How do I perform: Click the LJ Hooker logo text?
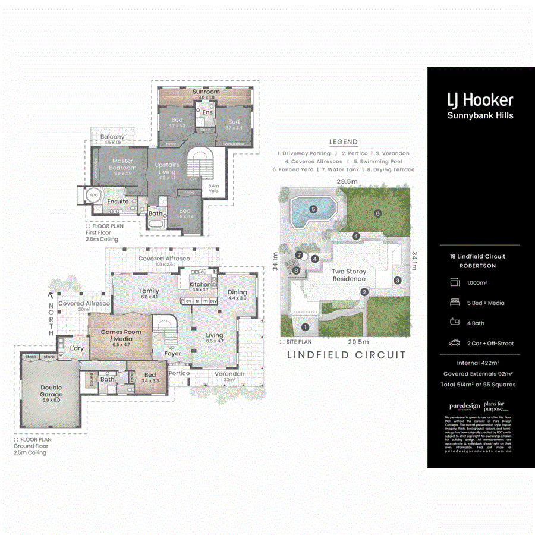pos(480,99)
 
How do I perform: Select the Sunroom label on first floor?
pos(206,92)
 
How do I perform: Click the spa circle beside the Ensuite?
pos(93,194)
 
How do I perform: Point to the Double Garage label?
pos(51,391)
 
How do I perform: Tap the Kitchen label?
pos(200,285)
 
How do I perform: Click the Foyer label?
pos(173,354)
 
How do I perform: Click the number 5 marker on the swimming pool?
pos(313,209)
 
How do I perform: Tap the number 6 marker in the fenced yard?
pos(377,213)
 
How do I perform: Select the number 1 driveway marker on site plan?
pos(305,326)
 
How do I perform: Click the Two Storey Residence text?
pos(349,275)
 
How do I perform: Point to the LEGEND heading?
pos(344,142)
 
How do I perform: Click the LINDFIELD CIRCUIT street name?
pos(347,355)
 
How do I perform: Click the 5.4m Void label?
pos(214,188)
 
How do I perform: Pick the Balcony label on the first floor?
pos(113,137)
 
